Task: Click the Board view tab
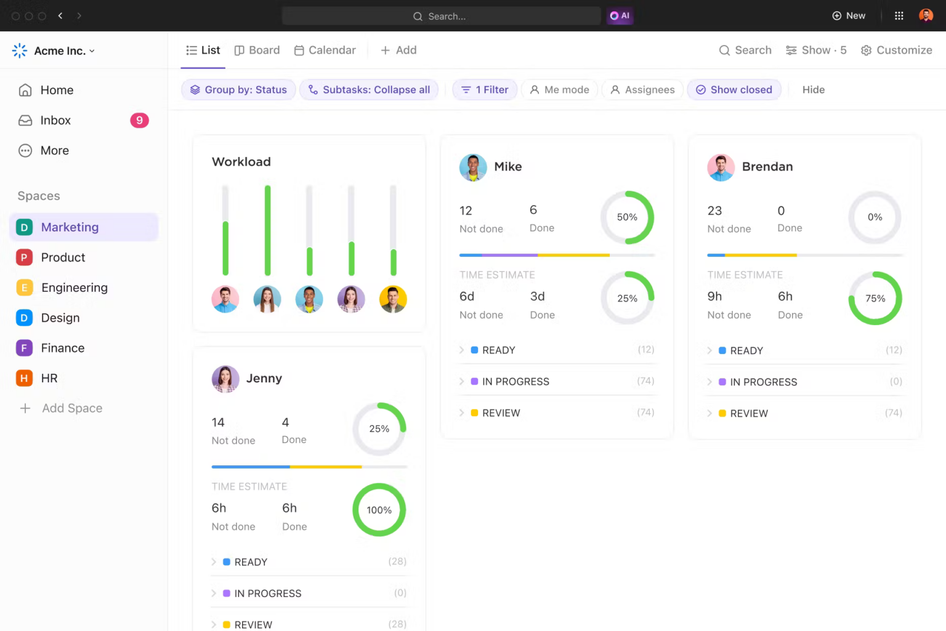[257, 50]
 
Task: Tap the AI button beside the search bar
[620, 16]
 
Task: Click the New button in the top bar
[849, 16]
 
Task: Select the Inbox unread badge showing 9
[139, 121]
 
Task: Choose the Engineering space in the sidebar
[74, 287]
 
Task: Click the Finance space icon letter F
[24, 348]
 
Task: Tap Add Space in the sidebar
[71, 408]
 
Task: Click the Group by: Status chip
[238, 90]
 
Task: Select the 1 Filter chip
[485, 90]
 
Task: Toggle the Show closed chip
[734, 90]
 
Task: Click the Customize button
[896, 50]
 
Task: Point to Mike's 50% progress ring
[627, 217]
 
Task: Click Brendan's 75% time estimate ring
[875, 299]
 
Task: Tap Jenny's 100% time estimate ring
[379, 510]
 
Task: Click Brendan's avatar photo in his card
[721, 167]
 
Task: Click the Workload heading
[241, 162]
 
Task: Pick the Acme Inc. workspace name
[60, 51]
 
